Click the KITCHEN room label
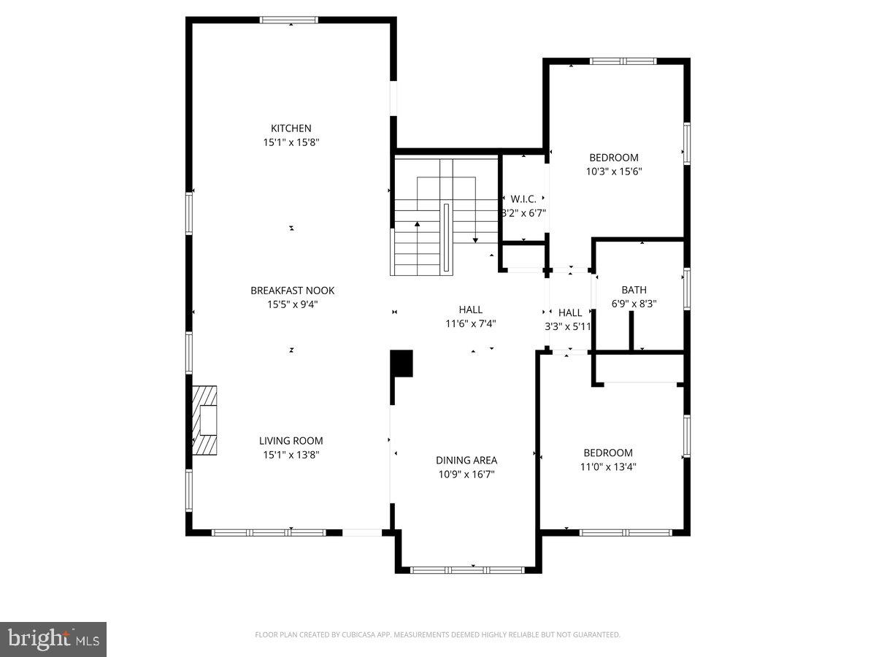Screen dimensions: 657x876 tap(291, 128)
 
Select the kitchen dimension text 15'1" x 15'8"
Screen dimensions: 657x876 tap(291, 142)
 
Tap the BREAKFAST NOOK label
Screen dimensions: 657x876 tap(292, 291)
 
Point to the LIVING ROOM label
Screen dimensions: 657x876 tap(291, 441)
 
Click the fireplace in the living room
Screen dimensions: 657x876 tap(204, 420)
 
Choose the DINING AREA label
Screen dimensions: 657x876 tap(466, 460)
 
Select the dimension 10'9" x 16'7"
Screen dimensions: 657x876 tap(466, 474)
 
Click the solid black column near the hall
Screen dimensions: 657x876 tap(401, 364)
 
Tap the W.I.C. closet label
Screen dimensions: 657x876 tap(523, 199)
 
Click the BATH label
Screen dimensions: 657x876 tap(634, 290)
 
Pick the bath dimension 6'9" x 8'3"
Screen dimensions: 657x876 tap(634, 304)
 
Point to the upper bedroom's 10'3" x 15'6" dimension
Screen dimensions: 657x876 tap(613, 172)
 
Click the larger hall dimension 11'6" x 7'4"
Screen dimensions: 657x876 tap(471, 323)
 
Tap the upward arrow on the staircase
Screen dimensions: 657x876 tap(418, 225)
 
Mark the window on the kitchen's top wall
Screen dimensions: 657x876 tap(290, 20)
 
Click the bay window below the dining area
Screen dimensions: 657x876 tap(467, 569)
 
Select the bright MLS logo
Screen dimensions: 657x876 tap(53, 639)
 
